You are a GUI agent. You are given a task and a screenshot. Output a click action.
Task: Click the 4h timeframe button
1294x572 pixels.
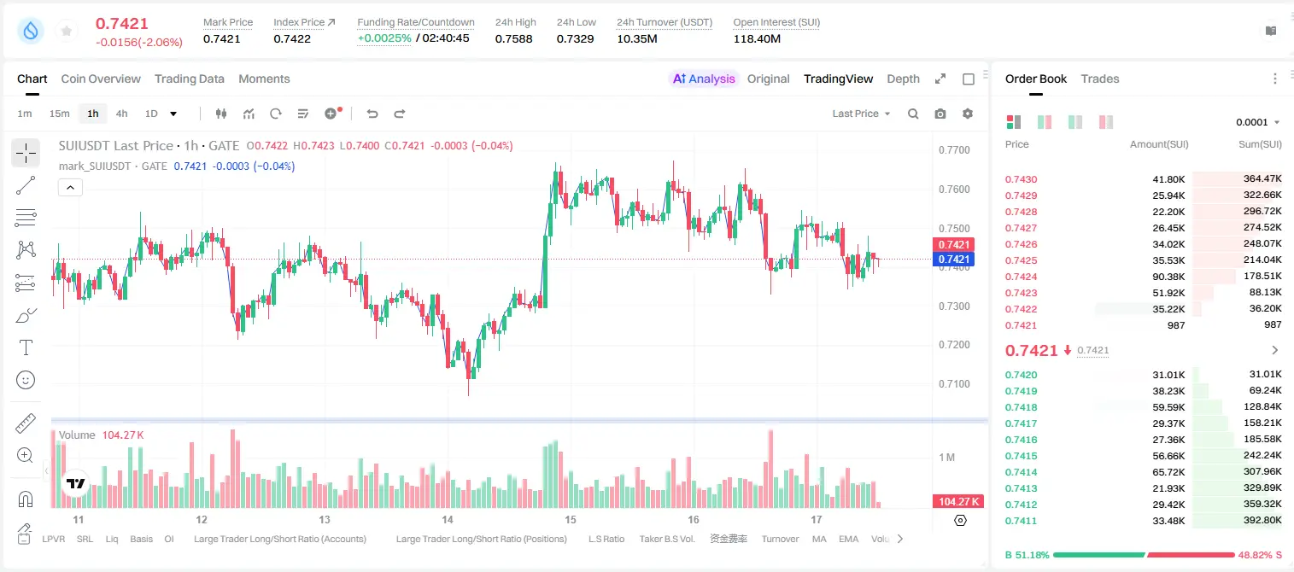pos(121,114)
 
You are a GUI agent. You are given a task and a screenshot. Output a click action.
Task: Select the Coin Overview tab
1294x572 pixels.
pos(101,79)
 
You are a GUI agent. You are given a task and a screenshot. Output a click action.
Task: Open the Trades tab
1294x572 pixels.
pos(1100,79)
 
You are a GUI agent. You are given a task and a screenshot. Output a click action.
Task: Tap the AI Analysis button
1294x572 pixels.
pos(704,79)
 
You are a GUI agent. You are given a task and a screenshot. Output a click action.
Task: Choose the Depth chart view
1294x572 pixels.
pos(903,79)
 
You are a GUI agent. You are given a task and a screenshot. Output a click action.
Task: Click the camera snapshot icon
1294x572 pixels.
pos(940,114)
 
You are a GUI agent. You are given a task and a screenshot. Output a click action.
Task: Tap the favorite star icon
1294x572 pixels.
pos(67,31)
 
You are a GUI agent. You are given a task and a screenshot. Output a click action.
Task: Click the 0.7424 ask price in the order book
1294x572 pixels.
pos(1021,277)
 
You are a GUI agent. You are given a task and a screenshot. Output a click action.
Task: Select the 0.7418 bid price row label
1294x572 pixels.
pos(1021,407)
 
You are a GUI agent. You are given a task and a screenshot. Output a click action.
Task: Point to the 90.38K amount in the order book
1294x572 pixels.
pos(1168,277)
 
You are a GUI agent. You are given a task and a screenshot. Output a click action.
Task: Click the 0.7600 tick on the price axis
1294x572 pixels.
pos(954,190)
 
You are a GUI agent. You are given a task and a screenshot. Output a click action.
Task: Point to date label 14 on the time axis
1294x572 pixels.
pos(447,519)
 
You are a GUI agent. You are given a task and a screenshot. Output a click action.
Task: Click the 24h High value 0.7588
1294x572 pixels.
pos(513,38)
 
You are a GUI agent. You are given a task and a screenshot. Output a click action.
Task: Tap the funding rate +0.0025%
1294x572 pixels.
pos(384,38)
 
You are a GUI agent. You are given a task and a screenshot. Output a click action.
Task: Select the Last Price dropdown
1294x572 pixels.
pos(861,114)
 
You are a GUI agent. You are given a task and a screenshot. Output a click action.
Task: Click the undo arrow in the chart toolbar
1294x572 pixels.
pos(372,114)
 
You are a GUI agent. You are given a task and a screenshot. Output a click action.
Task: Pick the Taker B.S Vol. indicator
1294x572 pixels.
pos(666,539)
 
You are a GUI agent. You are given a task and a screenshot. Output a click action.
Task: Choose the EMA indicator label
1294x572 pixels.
pos(848,539)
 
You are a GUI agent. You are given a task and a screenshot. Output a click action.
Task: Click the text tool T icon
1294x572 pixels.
pos(26,347)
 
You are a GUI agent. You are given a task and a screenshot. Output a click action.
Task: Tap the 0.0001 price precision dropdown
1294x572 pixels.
pos(1257,122)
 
